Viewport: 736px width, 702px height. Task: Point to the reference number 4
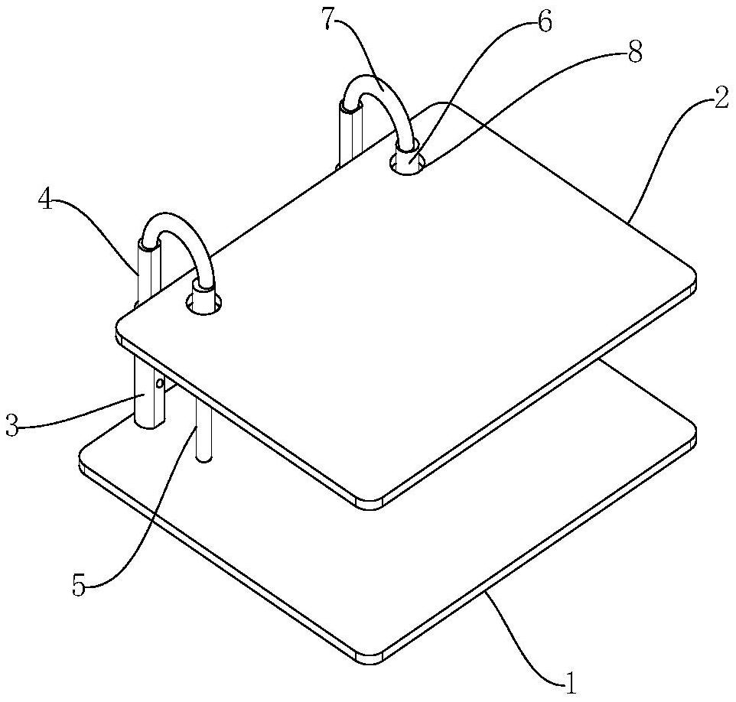point(45,202)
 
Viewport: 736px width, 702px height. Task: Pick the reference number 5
point(79,586)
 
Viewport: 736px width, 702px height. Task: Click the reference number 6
point(544,22)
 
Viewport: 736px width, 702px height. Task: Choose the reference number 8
point(634,54)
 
